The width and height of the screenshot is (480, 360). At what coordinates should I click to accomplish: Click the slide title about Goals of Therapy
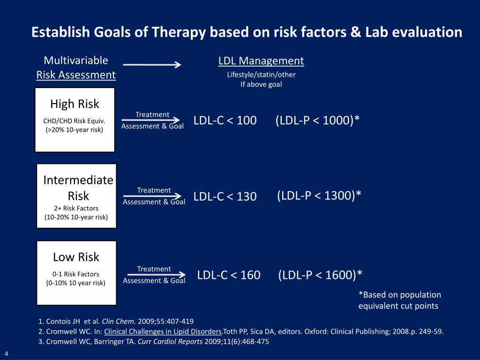247,32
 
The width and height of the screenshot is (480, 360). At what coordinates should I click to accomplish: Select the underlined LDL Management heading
261,61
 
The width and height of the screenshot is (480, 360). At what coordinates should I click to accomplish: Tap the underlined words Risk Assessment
76,75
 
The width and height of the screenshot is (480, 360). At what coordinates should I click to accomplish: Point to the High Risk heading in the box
75,104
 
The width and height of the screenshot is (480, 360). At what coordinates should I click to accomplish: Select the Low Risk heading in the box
76,257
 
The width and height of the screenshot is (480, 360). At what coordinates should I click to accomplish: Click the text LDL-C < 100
225,120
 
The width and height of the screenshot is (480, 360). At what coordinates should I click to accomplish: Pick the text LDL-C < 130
225,197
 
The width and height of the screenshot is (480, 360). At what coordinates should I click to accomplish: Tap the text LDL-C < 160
229,275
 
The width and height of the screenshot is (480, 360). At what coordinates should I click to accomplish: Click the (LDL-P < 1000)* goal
318,120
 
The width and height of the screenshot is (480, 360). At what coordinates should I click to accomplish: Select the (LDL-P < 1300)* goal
319,195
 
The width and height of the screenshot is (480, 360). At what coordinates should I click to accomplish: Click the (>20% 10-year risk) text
75,130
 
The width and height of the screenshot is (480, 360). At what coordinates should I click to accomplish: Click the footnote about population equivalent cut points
399,300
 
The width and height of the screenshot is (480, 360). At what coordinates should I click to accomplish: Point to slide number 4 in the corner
7,353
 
